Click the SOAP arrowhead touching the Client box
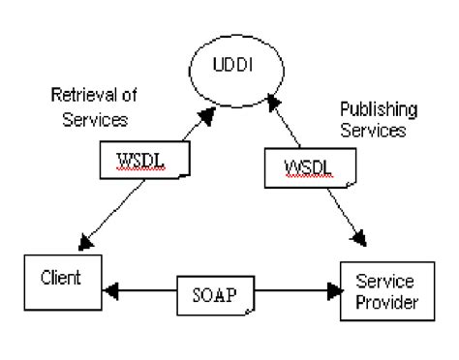(x=108, y=288)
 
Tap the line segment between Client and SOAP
(x=145, y=288)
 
